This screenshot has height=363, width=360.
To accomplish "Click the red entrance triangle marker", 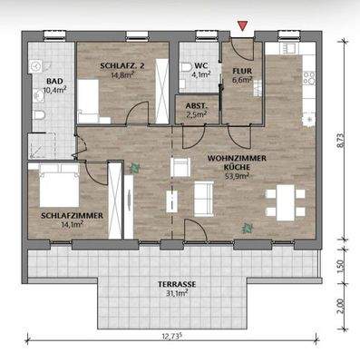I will [x=240, y=25].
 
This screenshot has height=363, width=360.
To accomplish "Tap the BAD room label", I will [x=54, y=80].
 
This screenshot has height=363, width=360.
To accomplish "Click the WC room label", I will [x=203, y=67].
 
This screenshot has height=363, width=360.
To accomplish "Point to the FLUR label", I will [x=242, y=70].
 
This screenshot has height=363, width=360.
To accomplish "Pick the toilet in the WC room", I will [x=187, y=69].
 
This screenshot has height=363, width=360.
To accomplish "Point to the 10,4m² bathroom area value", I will [x=54, y=90].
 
